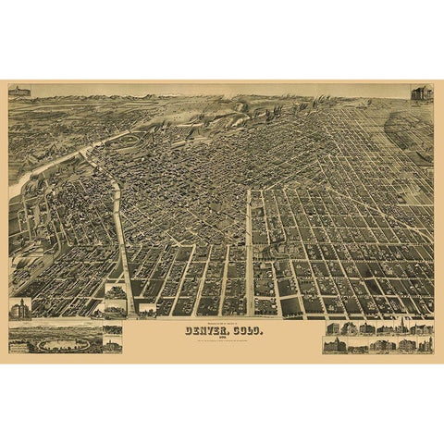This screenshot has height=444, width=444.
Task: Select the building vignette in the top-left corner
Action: click(18, 92)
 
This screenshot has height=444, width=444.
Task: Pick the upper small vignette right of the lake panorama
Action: click(113, 329)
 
